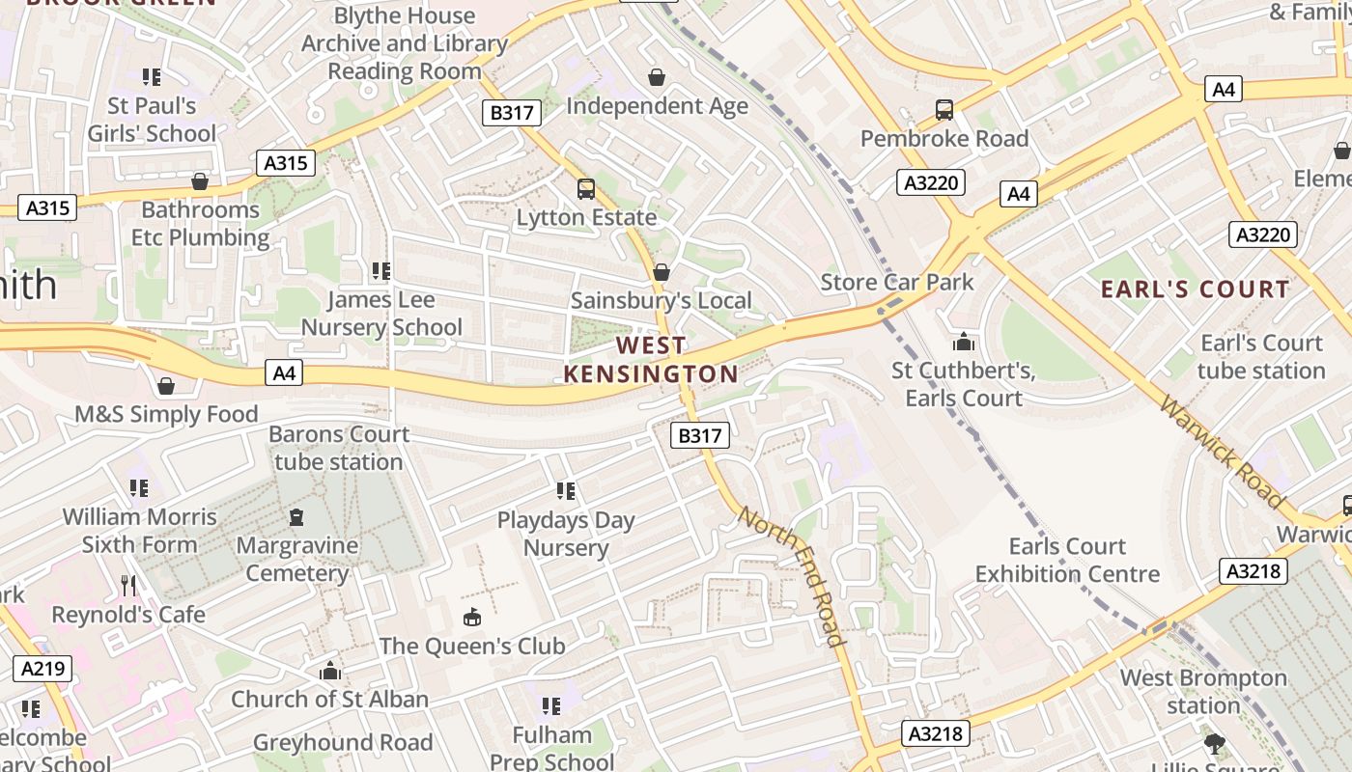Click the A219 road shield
pos(42,669)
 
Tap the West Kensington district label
pos(651,359)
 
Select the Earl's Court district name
pos(1196,289)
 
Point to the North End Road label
pos(792,575)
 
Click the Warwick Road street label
pos(1223,452)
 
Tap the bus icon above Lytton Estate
pos(586,189)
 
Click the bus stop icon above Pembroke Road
pos(944,110)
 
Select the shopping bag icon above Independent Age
pos(657,77)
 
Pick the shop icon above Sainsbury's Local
pos(662,273)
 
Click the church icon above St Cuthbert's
pos(963,342)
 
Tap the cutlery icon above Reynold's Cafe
pos(128,585)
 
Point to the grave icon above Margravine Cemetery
pos(296,516)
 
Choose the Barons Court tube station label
pos(338,448)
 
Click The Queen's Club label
pos(471,646)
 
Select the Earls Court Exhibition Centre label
pos(1067,560)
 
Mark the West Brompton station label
pos(1203,692)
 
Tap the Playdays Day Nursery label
pos(566,534)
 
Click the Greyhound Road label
pos(343,743)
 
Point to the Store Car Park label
pos(897,282)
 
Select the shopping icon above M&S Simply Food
pos(166,386)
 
